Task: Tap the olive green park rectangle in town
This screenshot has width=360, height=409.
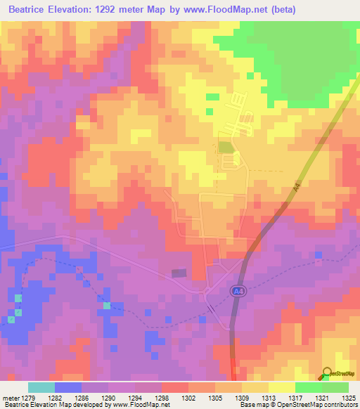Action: [224, 147]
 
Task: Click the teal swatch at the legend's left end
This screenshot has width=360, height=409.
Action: [41, 387]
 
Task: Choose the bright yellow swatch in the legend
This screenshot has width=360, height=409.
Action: [281, 387]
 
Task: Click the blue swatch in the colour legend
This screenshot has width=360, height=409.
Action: [68, 387]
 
